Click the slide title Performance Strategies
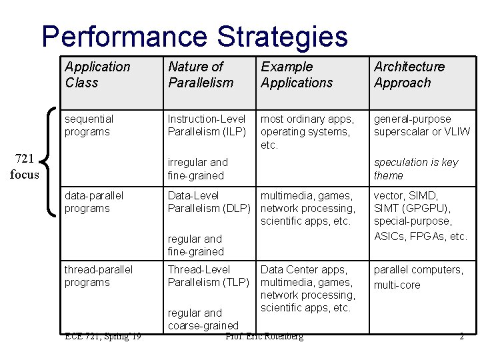click(x=195, y=37)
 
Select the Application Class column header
click(x=97, y=75)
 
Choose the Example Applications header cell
click(x=296, y=75)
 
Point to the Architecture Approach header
click(x=409, y=75)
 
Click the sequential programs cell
click(x=89, y=125)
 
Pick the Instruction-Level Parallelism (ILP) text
click(x=207, y=125)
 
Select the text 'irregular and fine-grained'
click(x=197, y=169)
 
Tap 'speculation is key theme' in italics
click(x=415, y=169)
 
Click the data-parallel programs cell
click(x=93, y=202)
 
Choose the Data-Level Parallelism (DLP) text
click(x=208, y=202)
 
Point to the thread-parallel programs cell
click(x=98, y=276)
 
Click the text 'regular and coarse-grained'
click(x=203, y=319)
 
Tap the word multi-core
click(x=397, y=285)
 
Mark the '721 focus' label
click(x=25, y=166)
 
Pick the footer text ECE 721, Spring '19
click(x=103, y=337)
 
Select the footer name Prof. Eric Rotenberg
click(x=264, y=337)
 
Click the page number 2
click(x=461, y=337)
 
